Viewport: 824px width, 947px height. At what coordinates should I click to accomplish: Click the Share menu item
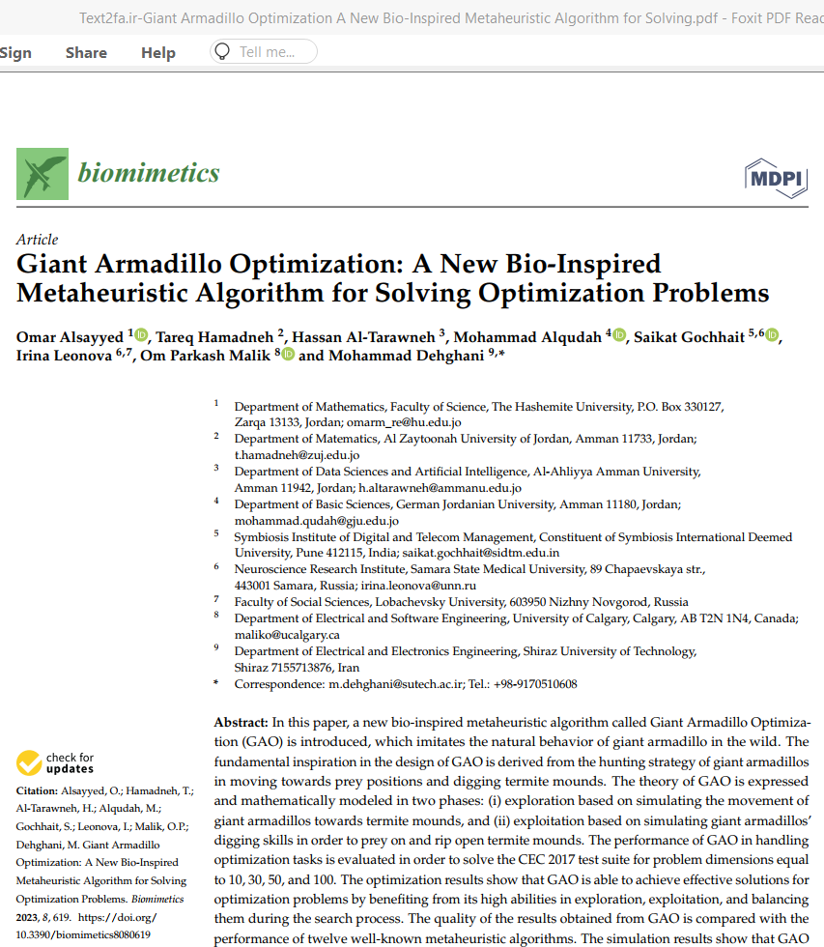86,52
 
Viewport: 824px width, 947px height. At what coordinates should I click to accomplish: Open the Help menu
158,52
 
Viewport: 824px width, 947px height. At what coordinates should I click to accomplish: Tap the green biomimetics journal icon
43,174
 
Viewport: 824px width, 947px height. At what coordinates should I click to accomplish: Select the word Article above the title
38,240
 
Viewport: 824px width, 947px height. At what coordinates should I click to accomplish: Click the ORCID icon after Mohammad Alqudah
619,335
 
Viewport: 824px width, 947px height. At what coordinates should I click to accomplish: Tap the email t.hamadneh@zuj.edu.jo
297,454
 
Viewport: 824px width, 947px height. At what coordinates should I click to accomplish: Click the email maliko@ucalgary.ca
287,635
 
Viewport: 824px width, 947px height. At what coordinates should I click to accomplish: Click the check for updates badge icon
30,763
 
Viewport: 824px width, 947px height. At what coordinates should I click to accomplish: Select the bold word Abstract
241,722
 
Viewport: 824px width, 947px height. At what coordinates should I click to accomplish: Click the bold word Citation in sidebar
37,790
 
